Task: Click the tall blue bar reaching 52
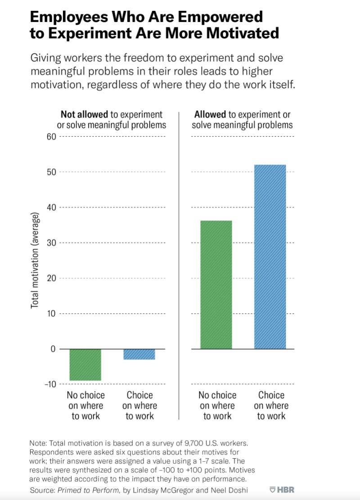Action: click(x=270, y=257)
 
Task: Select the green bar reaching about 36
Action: click(x=216, y=284)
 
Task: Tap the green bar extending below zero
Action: click(x=85, y=365)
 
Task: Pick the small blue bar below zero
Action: click(x=139, y=354)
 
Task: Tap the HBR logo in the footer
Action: click(x=282, y=490)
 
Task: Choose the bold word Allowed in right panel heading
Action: click(x=210, y=114)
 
